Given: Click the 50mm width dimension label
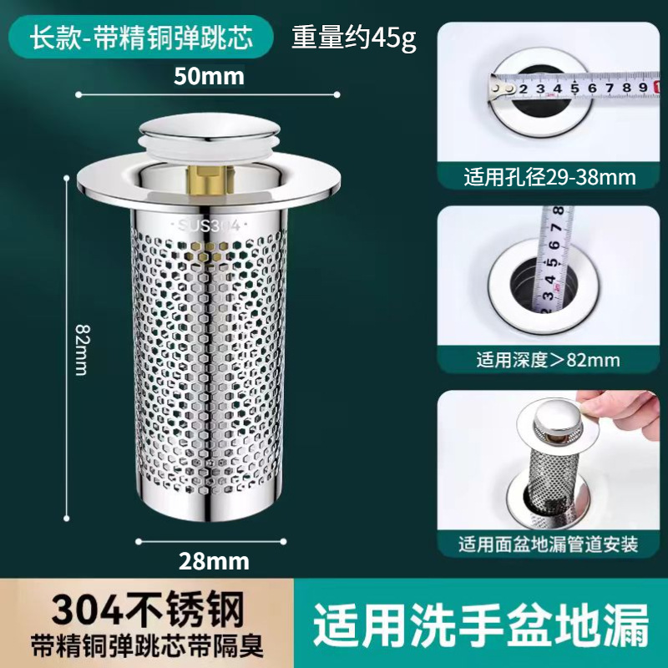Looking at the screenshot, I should [x=209, y=77].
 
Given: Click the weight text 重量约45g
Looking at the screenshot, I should [x=353, y=39].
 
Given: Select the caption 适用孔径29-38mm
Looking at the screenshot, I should [x=549, y=178].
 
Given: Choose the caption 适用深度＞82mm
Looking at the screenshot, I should [x=549, y=361].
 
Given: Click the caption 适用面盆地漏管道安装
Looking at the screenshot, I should [x=549, y=545].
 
